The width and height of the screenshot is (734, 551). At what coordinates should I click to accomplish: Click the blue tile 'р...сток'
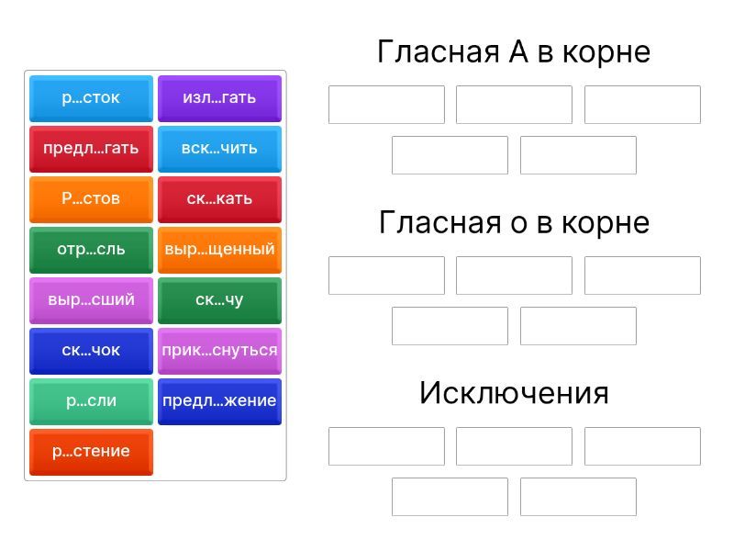(x=91, y=98)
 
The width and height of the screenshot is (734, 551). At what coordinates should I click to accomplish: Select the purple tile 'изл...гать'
(x=219, y=98)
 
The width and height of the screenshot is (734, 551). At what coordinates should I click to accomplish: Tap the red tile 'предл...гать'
(x=91, y=149)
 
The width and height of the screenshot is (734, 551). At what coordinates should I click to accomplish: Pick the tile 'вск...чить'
(x=219, y=149)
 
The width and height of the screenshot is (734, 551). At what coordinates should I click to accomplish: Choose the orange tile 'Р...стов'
(x=91, y=199)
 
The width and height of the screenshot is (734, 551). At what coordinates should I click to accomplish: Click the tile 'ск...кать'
(x=219, y=199)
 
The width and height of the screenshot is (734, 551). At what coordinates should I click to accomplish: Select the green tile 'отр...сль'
(x=91, y=250)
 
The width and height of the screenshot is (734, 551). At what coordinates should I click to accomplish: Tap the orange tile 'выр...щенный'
(x=219, y=250)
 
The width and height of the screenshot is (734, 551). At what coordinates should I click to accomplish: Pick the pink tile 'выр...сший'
(x=91, y=301)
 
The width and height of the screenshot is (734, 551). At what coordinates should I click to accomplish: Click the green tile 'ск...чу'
(x=219, y=301)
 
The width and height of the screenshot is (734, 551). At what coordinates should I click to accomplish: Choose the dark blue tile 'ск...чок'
(x=91, y=352)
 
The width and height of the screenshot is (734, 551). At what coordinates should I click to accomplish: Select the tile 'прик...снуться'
(x=219, y=352)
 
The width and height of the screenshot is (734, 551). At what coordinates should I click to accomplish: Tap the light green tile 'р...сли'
(x=91, y=402)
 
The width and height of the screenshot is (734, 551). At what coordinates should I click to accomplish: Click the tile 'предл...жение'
(x=219, y=402)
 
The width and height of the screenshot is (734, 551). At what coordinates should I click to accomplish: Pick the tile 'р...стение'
(x=91, y=453)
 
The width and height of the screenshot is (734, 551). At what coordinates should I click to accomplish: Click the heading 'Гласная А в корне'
(x=514, y=51)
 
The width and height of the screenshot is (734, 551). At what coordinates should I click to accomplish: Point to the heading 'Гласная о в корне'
(x=514, y=222)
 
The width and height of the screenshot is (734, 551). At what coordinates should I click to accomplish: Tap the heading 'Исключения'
(x=514, y=393)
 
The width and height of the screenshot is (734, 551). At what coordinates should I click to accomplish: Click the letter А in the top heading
(x=518, y=51)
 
